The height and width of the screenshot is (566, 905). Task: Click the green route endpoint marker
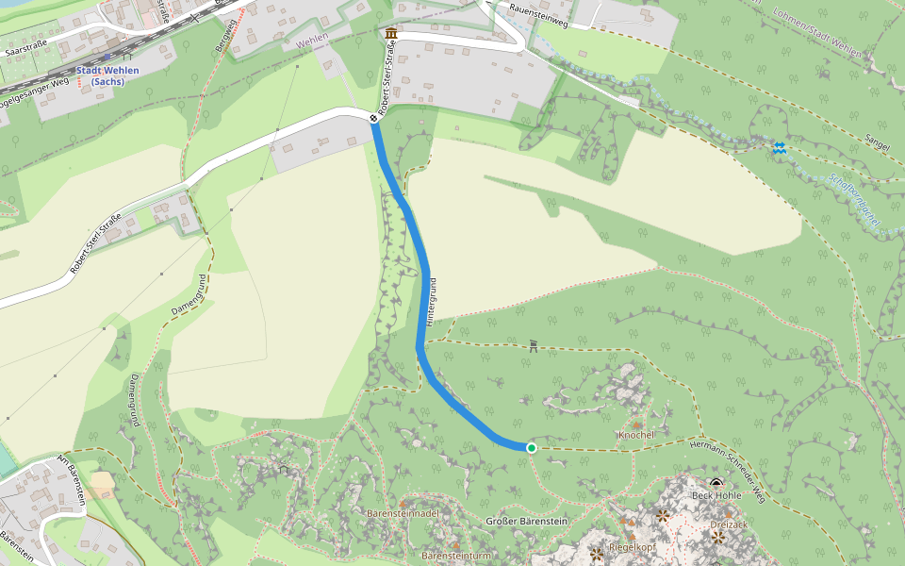pyautogui.click(x=532, y=448)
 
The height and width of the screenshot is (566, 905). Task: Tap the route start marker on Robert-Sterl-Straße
pyautogui.click(x=374, y=119)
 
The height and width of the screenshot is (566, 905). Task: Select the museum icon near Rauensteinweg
pyautogui.click(x=391, y=35)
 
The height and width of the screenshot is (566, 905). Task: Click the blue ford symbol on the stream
pyautogui.click(x=779, y=148)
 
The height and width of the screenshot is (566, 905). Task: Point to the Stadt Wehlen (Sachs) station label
pyautogui.click(x=108, y=75)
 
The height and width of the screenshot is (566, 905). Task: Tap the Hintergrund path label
pyautogui.click(x=433, y=302)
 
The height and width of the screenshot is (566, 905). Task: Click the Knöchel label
pyautogui.click(x=636, y=435)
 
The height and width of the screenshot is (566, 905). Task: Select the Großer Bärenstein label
pyautogui.click(x=526, y=522)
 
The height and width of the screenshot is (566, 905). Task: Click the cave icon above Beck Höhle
pyautogui.click(x=716, y=483)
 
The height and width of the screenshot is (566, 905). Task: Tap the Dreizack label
pyautogui.click(x=729, y=524)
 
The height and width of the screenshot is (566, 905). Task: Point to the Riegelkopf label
pyautogui.click(x=632, y=547)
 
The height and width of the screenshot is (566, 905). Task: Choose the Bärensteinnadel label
pyautogui.click(x=403, y=513)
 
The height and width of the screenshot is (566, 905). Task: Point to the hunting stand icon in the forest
pyautogui.click(x=534, y=346)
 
